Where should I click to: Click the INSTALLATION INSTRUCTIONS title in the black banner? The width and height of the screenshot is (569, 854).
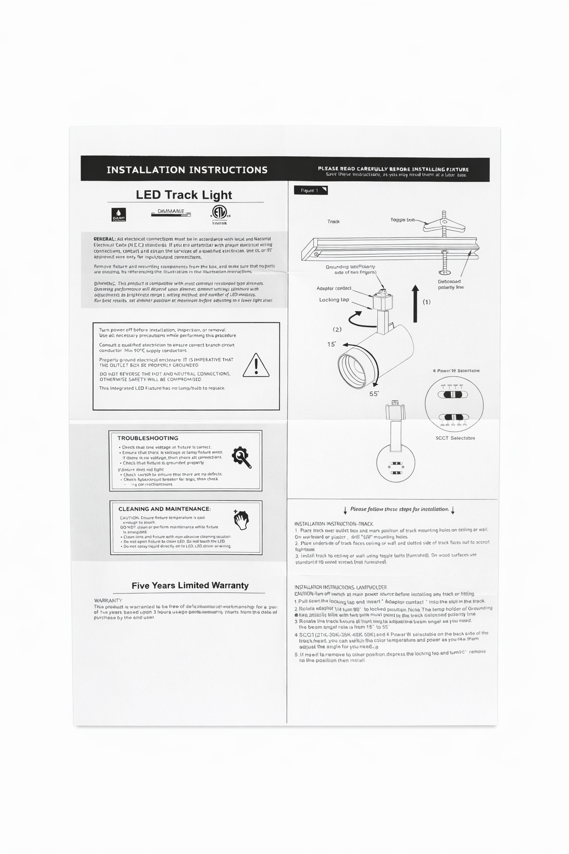click(187, 170)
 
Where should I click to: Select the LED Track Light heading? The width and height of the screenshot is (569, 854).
click(184, 195)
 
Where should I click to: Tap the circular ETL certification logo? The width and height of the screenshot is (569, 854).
click(219, 212)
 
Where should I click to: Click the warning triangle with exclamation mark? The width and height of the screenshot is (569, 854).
click(256, 365)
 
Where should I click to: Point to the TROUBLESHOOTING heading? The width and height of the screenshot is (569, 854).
click(148, 438)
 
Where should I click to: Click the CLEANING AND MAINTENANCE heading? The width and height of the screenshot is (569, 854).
click(164, 509)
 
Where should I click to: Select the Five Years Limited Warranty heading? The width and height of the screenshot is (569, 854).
click(190, 585)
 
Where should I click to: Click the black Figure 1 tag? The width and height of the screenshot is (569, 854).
click(311, 190)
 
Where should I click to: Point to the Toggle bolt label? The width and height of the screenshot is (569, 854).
click(402, 220)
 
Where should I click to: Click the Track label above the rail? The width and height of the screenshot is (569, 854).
click(333, 221)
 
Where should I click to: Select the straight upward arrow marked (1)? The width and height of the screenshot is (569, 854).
click(415, 303)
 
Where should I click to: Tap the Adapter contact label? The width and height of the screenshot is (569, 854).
click(334, 288)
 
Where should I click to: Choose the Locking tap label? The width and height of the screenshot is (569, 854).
click(334, 300)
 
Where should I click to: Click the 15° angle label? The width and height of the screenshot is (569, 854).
click(332, 344)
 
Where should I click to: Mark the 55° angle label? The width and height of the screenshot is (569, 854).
click(374, 394)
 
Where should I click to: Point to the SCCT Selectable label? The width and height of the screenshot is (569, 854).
click(455, 438)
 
